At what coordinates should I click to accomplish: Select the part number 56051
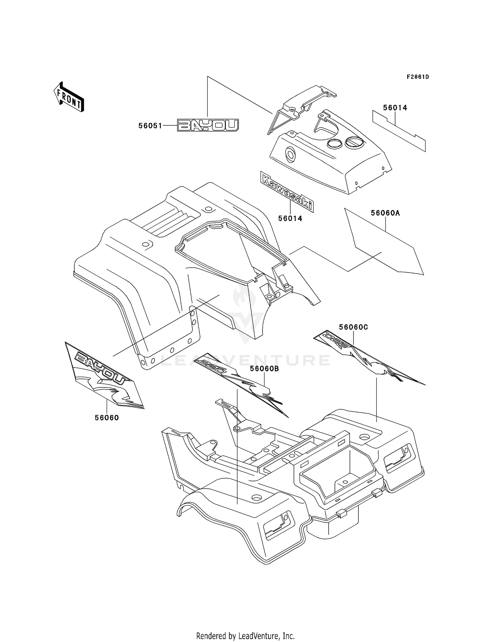tap(150, 126)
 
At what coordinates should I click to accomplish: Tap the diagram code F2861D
tap(418, 77)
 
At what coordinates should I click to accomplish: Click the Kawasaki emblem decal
tap(287, 191)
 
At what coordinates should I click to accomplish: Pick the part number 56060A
tap(385, 213)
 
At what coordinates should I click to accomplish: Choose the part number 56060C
tap(354, 327)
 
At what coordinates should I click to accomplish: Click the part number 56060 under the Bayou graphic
tap(107, 418)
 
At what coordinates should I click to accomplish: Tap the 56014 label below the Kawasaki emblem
tap(290, 218)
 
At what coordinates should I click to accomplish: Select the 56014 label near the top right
tap(395, 108)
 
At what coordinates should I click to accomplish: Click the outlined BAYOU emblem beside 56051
tap(208, 125)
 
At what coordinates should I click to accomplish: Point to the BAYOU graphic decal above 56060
tap(104, 375)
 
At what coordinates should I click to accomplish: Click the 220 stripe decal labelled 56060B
tap(241, 385)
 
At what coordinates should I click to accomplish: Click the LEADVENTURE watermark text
tap(245, 360)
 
